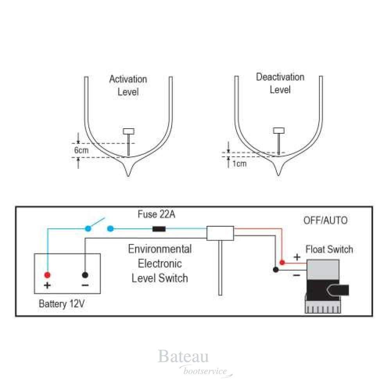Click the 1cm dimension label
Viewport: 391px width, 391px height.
point(239,163)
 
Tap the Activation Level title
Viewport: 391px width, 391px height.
point(128,86)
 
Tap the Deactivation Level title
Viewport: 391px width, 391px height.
point(280,83)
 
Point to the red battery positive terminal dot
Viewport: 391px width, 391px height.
point(47,274)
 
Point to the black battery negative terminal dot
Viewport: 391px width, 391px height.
point(85,274)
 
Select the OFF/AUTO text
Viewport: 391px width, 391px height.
point(325,221)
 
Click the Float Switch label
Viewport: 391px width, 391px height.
point(329,249)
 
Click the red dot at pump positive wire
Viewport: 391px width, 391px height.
point(282,262)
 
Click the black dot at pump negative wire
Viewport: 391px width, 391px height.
point(276,270)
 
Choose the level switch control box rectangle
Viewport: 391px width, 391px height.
point(220,233)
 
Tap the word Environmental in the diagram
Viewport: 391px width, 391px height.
point(160,249)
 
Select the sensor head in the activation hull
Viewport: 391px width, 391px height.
point(129,131)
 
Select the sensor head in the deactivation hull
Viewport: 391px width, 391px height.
point(278,130)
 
